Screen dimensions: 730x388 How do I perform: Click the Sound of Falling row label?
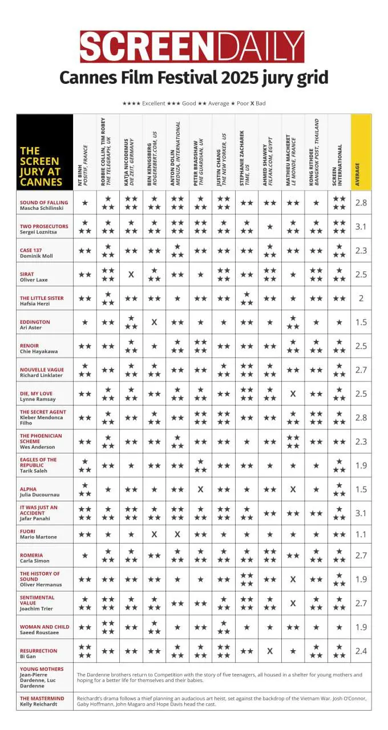(x=44, y=205)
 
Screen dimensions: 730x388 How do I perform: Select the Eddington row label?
(x=35, y=325)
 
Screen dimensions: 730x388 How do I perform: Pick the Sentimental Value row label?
(x=38, y=603)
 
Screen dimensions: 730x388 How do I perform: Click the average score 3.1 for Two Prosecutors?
(x=361, y=226)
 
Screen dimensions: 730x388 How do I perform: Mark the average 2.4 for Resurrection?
(x=361, y=651)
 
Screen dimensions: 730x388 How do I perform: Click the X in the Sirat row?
(x=131, y=274)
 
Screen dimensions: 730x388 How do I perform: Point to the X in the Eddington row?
(x=154, y=322)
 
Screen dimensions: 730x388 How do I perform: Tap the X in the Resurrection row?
(x=270, y=651)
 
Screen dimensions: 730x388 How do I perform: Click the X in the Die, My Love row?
(x=293, y=394)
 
